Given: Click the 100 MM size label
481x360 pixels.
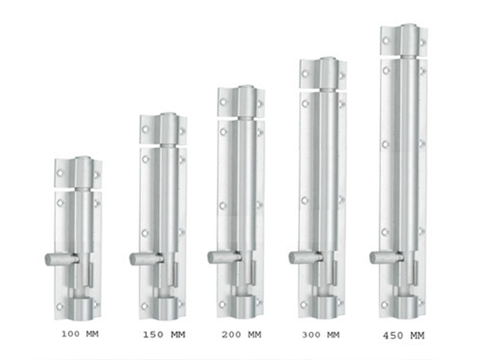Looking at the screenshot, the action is point(80,334).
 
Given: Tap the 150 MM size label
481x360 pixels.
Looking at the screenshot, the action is point(164,334).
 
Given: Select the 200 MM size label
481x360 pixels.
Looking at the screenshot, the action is point(241,334).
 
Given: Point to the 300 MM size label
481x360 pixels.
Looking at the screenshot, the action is point(321,335).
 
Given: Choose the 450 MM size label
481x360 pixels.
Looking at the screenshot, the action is point(404,336).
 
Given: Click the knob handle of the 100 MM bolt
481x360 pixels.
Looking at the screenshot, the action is point(62,259).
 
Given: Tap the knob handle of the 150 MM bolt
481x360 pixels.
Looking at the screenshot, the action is point(146,259).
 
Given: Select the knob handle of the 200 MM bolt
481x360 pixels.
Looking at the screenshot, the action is point(224,257).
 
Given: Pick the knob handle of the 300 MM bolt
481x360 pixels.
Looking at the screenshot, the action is point(305,257).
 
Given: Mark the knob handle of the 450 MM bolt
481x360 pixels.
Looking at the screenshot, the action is point(386,257).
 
